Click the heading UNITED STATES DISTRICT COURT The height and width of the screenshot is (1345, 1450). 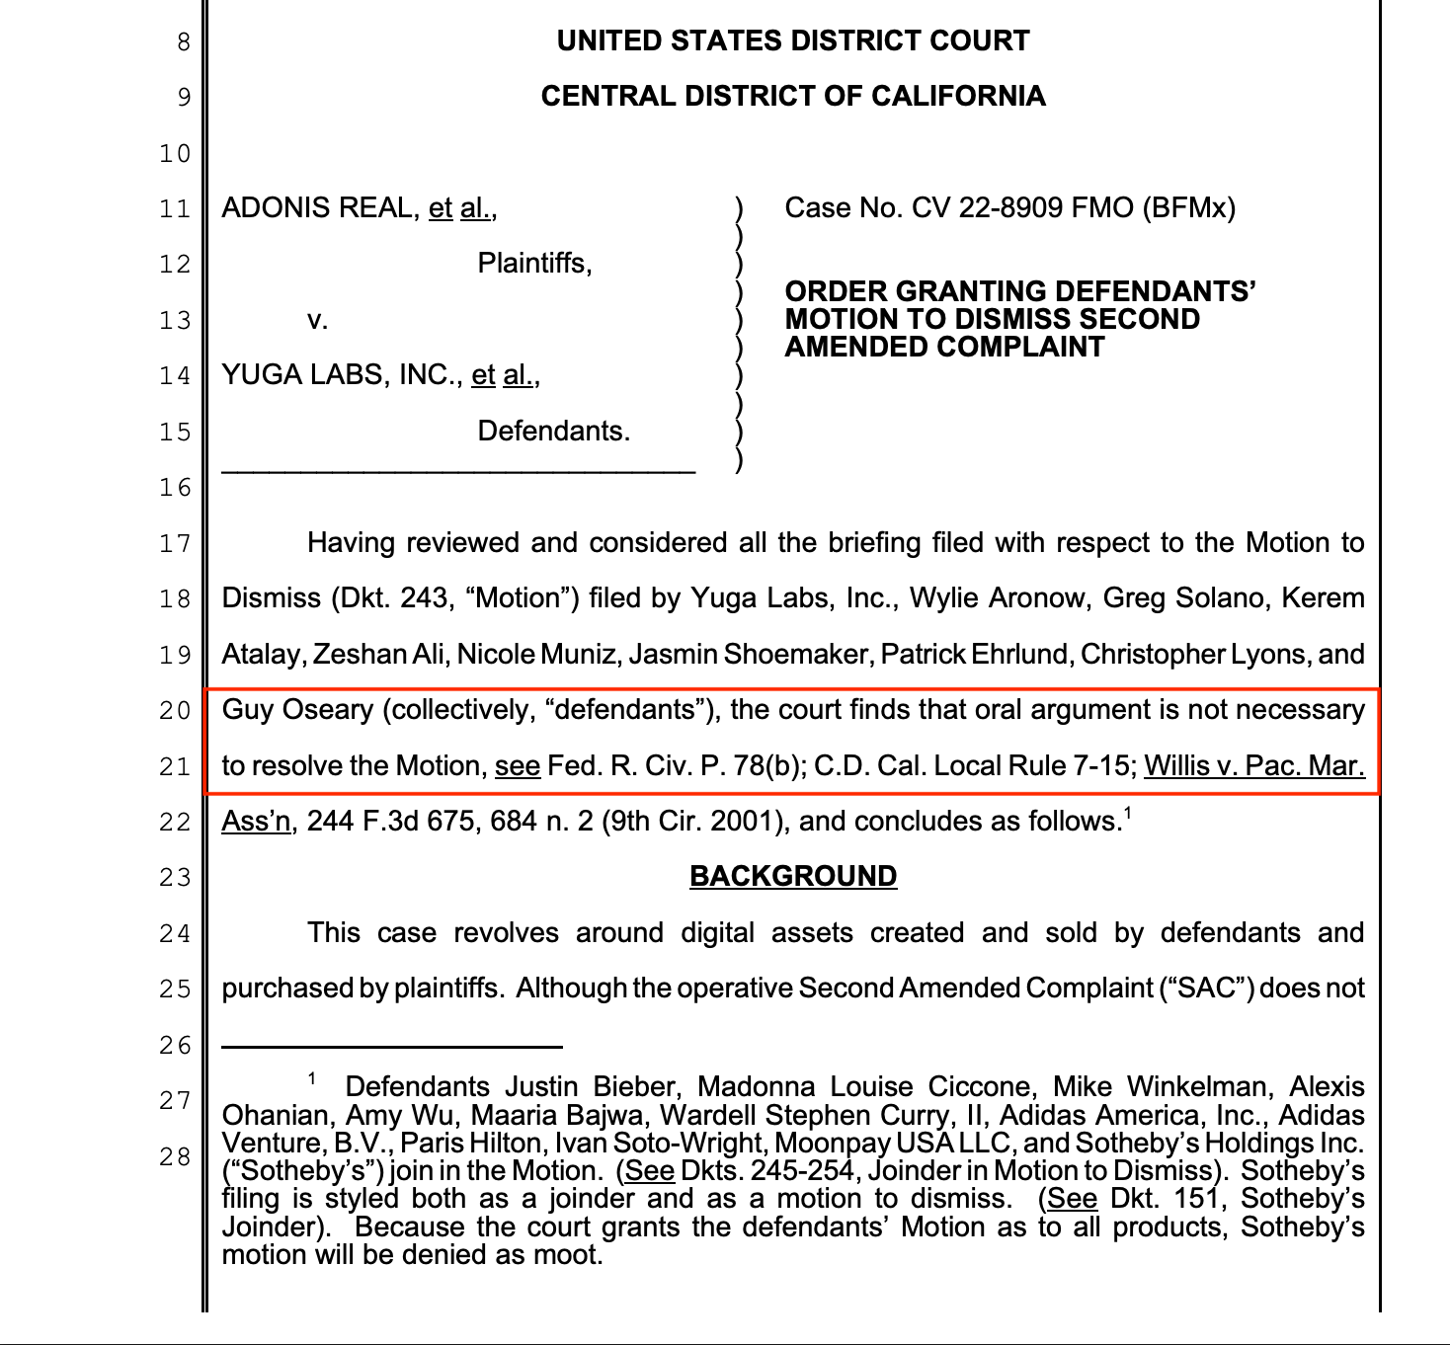tap(792, 40)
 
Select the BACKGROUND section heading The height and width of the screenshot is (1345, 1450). tap(792, 877)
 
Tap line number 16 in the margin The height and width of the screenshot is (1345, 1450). tap(175, 488)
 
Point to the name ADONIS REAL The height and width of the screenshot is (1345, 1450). tap(320, 208)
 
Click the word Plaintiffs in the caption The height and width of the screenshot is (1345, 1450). tap(534, 264)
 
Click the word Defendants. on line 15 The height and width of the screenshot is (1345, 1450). tap(553, 432)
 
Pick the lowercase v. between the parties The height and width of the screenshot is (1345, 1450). tap(317, 320)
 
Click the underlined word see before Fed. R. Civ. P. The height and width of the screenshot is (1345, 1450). tap(518, 766)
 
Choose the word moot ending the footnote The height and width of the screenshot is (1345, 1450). tap(573, 1255)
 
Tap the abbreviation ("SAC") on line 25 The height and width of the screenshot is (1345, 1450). tap(1206, 989)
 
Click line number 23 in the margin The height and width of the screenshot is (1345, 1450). tap(175, 877)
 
